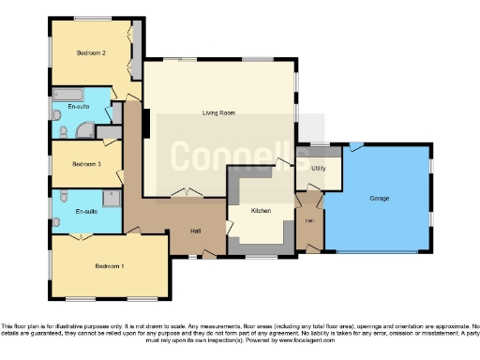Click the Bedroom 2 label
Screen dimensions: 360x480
click(x=91, y=53)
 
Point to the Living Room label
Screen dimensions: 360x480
click(x=217, y=113)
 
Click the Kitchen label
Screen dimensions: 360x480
click(x=261, y=211)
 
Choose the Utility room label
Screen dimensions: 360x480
click(x=319, y=168)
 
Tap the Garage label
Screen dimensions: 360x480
click(x=379, y=199)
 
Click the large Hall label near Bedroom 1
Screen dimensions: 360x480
click(x=196, y=232)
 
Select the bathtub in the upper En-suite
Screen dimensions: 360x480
click(x=68, y=95)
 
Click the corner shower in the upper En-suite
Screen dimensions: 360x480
click(x=83, y=130)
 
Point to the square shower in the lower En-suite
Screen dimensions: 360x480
click(x=112, y=198)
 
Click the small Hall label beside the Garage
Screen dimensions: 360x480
click(x=309, y=221)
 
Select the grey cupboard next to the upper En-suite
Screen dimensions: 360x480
click(x=117, y=112)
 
